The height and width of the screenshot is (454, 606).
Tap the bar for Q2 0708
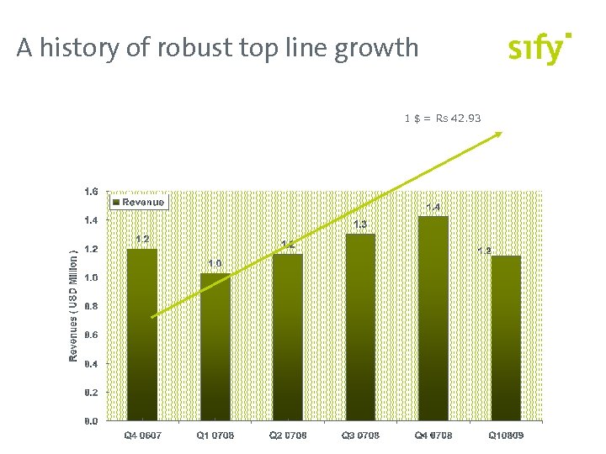[x=287, y=336]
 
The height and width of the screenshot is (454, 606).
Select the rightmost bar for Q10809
[x=506, y=337]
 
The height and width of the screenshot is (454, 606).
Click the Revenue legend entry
[x=139, y=202]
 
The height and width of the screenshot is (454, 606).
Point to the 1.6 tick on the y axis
[x=91, y=192]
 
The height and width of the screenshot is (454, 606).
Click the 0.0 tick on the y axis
[x=91, y=420]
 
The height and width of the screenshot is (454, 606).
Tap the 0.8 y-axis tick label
[x=91, y=306]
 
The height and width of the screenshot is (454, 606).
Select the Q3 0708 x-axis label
[x=360, y=436]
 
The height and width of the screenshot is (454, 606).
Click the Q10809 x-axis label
[x=506, y=436]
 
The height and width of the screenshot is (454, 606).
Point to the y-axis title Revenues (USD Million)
[x=74, y=306]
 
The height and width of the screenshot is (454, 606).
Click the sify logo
[x=539, y=49]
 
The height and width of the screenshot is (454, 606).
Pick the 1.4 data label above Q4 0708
[x=433, y=207]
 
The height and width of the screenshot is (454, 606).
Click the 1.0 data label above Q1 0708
[x=215, y=264]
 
